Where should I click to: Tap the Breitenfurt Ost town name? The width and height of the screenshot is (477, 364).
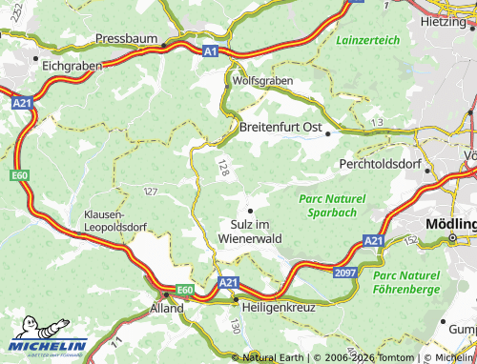coord(280,127)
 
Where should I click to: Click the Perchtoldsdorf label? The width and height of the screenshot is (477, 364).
coord(380,164)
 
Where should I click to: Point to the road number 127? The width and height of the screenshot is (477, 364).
coord(150,192)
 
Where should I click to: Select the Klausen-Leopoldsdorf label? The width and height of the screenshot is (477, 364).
coord(118,222)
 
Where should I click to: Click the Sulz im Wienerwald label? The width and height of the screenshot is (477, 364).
coord(257,231)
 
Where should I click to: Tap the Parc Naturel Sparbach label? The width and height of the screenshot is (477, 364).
coord(333,206)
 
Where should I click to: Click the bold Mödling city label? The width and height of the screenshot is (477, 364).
coord(449,223)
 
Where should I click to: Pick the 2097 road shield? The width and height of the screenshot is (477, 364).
coord(347,273)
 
